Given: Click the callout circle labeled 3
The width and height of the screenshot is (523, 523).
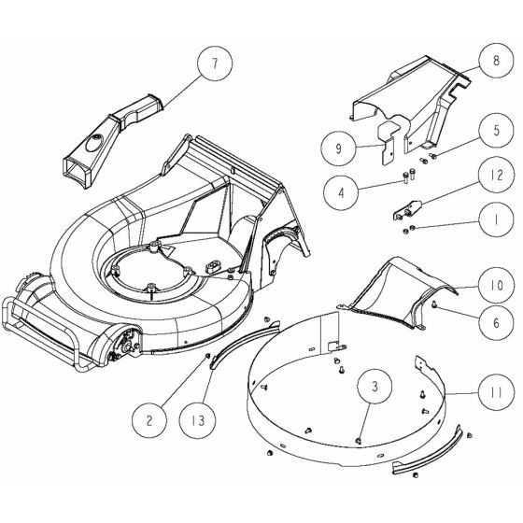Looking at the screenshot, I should tap(374, 385).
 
